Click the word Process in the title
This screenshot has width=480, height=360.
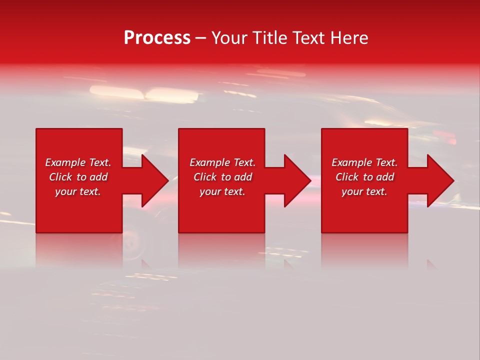[157, 38]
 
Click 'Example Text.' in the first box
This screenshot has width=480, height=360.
[78, 162]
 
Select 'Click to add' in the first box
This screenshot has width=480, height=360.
[78, 177]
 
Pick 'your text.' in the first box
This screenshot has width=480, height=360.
[78, 191]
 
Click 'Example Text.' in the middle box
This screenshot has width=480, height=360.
[222, 162]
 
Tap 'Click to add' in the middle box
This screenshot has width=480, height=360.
[222, 177]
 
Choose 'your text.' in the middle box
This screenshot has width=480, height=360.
[222, 191]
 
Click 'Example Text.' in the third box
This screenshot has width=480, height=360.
[364, 162]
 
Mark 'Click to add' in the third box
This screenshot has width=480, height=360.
[364, 177]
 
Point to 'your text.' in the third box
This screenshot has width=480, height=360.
[364, 191]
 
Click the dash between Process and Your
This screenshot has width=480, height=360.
[200, 38]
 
